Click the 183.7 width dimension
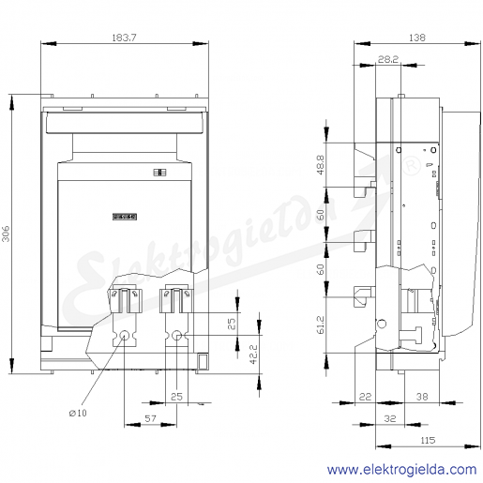(x=124, y=38)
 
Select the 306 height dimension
(x=6, y=234)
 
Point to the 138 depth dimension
(x=417, y=38)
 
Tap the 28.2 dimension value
(x=387, y=59)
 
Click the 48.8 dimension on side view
(x=321, y=164)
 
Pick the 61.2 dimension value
(x=321, y=325)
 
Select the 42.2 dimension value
(x=253, y=355)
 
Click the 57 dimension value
(x=150, y=418)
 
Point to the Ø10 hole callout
(x=78, y=413)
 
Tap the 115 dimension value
(x=428, y=440)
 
